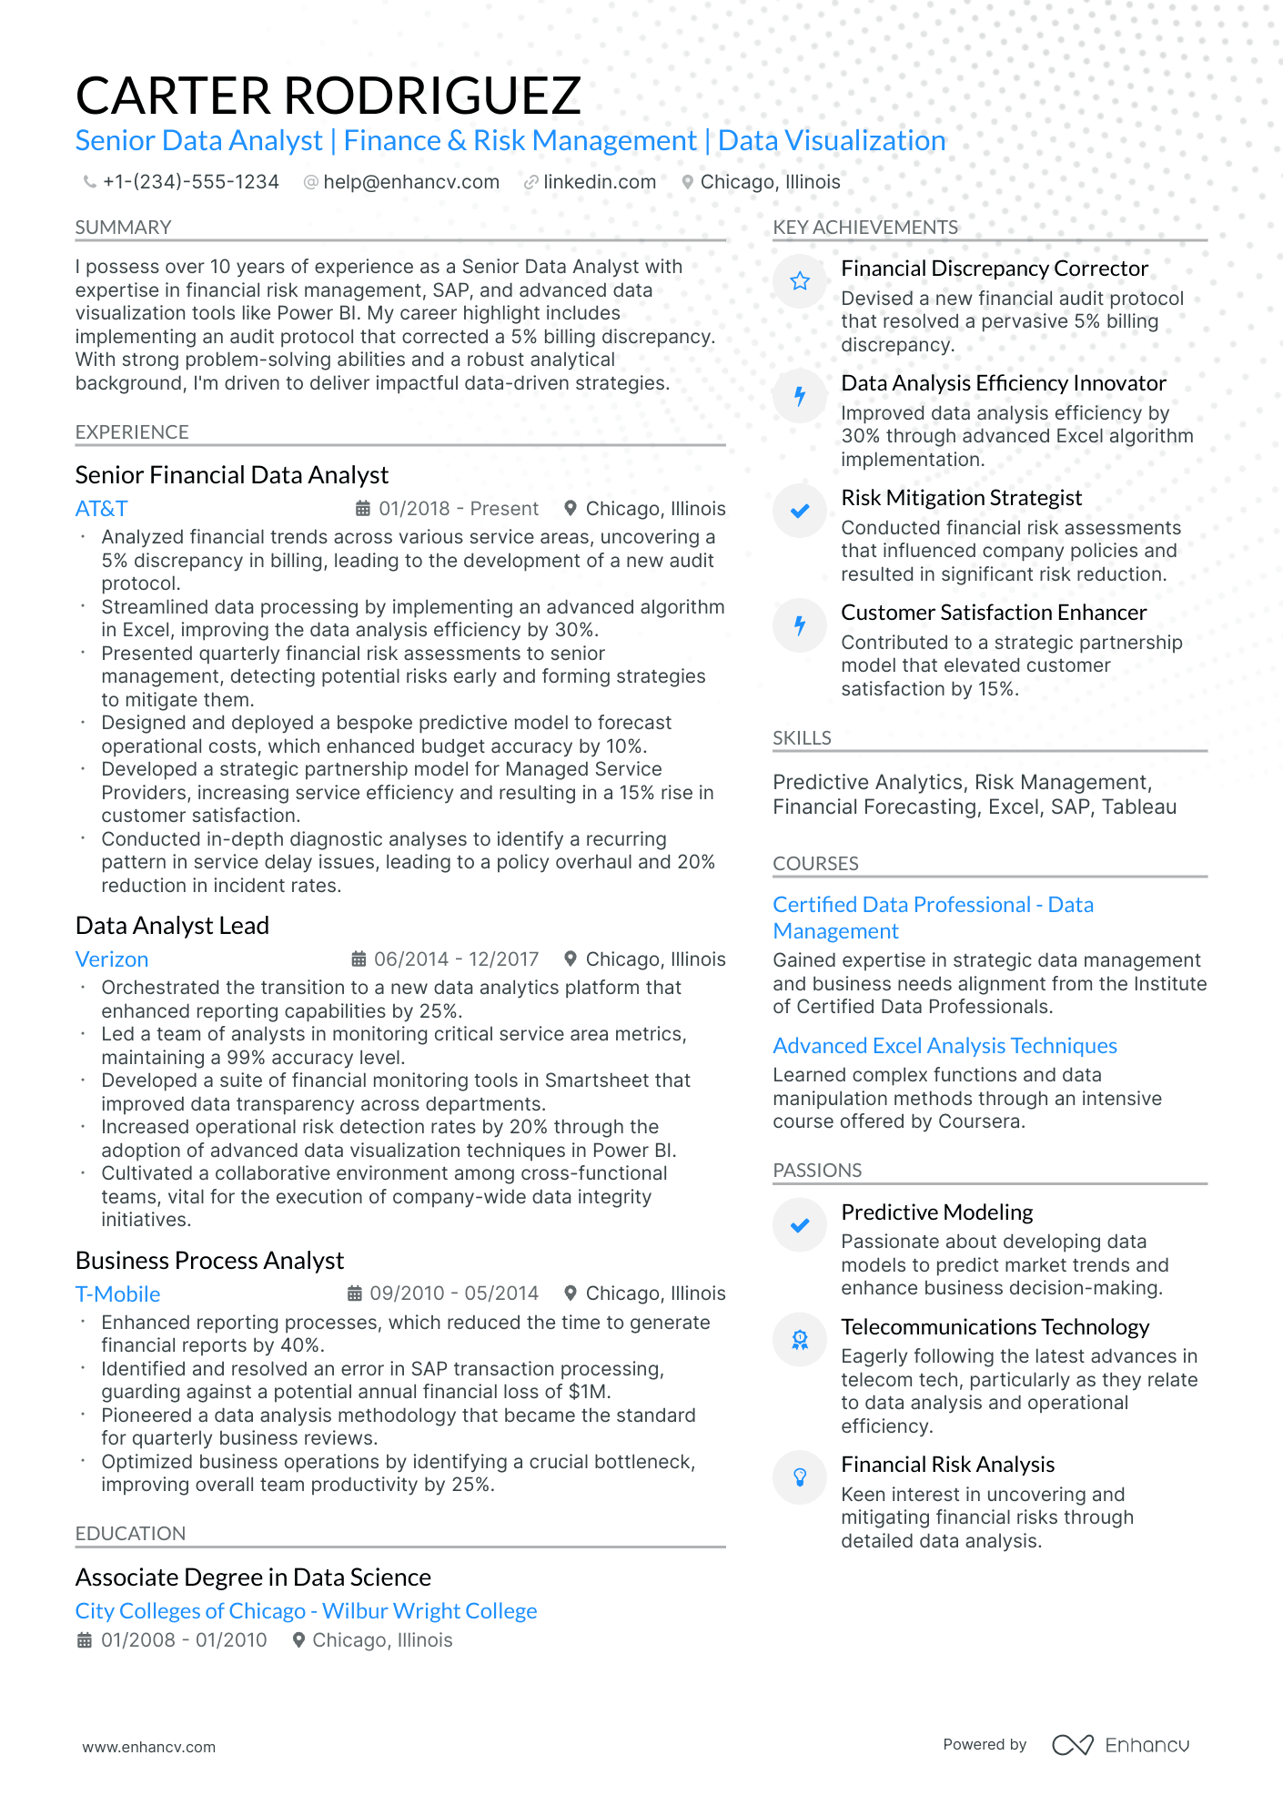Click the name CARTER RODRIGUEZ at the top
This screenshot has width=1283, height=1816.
(328, 96)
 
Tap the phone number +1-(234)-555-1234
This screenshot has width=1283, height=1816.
(190, 182)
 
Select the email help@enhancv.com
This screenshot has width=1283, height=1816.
(410, 182)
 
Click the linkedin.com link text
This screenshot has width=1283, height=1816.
(599, 182)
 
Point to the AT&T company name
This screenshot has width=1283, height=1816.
(101, 509)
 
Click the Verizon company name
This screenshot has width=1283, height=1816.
(111, 959)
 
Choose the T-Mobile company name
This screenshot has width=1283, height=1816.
(117, 1294)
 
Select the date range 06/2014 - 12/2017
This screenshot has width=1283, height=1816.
(456, 959)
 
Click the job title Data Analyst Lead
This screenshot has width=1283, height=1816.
(172, 926)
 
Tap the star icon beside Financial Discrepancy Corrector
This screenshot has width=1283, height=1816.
(800, 281)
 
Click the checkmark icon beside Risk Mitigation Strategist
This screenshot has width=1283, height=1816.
(800, 511)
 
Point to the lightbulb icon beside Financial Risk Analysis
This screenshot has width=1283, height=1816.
(800, 1477)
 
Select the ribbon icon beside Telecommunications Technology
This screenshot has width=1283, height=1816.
(800, 1340)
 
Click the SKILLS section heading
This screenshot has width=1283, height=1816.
(802, 738)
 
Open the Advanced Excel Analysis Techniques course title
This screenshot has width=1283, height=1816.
(945, 1046)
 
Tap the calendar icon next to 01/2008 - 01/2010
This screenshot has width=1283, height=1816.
(85, 1640)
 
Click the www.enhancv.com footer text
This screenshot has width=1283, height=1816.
(148, 1747)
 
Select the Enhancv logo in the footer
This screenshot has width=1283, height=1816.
(1120, 1745)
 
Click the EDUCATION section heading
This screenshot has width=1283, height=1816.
(130, 1534)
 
